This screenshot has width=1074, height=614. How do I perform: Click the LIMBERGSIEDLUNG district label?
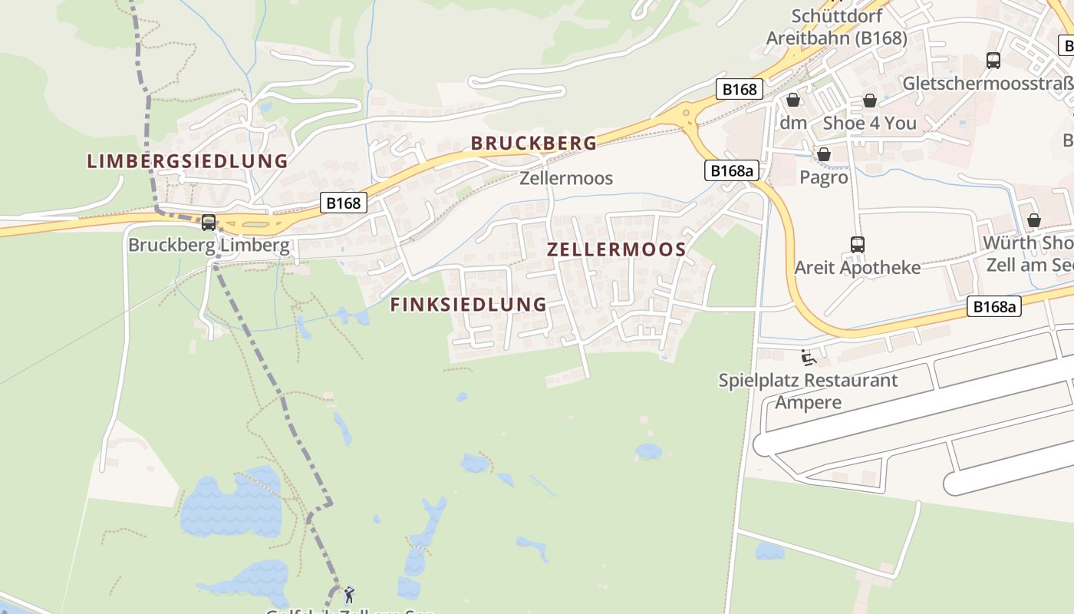pos(187,161)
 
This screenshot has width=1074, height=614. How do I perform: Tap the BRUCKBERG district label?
pos(533,143)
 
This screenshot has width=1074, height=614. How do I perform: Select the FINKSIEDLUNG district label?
pos(468,305)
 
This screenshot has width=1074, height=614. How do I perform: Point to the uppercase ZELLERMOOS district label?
pos(616,249)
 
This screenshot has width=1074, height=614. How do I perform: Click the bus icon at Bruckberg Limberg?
pos(208,223)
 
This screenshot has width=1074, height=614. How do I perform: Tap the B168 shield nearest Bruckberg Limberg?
pos(342,203)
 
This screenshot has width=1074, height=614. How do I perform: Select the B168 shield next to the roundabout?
pos(740,89)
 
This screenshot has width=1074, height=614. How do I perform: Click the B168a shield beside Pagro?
pos(730,170)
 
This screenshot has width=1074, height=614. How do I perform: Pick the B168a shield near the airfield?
pos(994,307)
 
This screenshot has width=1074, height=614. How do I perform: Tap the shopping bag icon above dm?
pos(792,101)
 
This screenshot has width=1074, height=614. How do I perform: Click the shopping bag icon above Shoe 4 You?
pos(869,101)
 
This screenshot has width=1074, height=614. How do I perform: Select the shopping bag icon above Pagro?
pos(823,155)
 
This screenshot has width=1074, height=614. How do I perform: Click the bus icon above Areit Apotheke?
pos(857,245)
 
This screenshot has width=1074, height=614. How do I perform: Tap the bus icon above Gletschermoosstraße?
pos(993,61)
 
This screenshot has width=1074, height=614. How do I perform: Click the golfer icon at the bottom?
pos(349,594)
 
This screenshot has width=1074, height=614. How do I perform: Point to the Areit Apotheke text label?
pos(857,268)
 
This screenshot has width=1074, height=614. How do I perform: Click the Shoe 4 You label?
pos(869,123)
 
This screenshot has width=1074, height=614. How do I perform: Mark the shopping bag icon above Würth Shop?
pos(1033,220)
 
